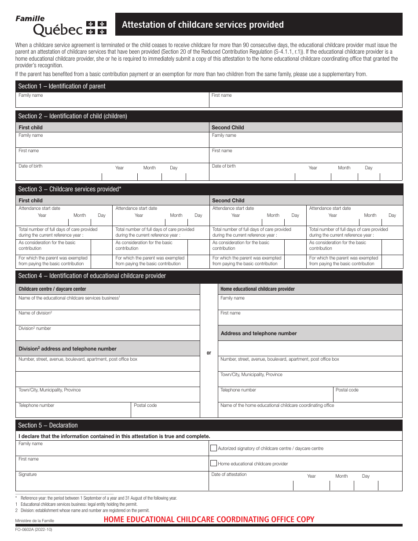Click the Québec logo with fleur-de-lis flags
(x=61, y=26)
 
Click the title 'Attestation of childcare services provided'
(x=202, y=25)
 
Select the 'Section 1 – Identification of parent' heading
(x=62, y=86)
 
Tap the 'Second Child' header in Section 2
(x=227, y=128)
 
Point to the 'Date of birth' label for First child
(x=30, y=166)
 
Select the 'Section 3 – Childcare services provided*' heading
(x=70, y=189)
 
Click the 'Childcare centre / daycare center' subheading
(x=52, y=289)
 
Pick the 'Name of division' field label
(x=35, y=313)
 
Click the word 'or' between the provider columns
(x=209, y=353)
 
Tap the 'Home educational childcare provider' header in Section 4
(x=257, y=289)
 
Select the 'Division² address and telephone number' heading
(x=67, y=349)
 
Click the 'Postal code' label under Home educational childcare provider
(x=347, y=390)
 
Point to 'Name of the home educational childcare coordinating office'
(x=277, y=406)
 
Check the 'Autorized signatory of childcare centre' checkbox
(x=214, y=448)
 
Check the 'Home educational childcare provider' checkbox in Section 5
(x=214, y=463)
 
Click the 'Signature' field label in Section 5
(x=28, y=475)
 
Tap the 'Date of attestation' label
(x=229, y=475)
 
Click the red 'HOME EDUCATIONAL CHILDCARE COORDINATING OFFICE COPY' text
(x=209, y=519)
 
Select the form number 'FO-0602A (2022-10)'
(x=34, y=530)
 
